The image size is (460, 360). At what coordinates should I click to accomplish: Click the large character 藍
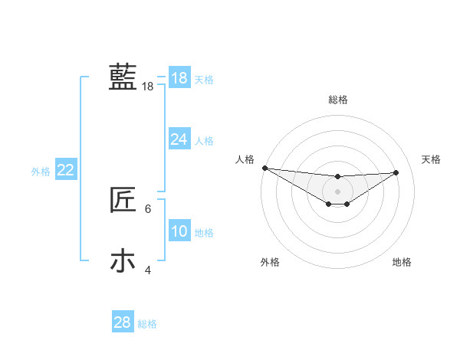pos(123,77)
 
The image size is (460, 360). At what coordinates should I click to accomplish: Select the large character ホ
pos(123,261)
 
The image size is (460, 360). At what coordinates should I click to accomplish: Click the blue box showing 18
pos(179,78)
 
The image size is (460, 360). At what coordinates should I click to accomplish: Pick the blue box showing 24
pos(179,139)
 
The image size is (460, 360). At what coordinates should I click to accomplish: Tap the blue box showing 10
pos(179,231)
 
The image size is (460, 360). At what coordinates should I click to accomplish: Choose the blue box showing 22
pos(65,170)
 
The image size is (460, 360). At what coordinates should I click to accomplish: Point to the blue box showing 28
pos(123,322)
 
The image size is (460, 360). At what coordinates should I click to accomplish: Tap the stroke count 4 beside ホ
pos(148,270)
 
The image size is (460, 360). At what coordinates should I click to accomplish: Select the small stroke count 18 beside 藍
pos(148,87)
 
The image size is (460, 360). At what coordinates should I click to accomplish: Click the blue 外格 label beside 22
pos(41,172)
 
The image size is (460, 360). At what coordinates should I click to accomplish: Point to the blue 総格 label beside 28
pos(147,324)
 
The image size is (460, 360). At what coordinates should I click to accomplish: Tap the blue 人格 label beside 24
pos(204,141)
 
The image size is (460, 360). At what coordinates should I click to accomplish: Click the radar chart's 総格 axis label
pos(338,100)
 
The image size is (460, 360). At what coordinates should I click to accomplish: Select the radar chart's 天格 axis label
pos(432,159)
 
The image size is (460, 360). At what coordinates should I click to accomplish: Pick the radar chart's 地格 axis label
pos(402,262)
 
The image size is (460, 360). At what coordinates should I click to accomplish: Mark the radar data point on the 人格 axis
pos(264,168)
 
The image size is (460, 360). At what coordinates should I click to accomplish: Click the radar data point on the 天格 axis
pos(396,172)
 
